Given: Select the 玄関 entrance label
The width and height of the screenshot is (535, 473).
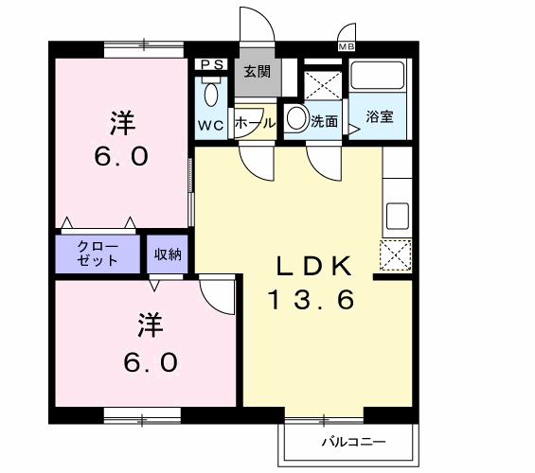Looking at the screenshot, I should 257,71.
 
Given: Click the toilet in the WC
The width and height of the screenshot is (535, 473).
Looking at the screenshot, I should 209,94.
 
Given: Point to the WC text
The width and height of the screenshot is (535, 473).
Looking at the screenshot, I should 209,125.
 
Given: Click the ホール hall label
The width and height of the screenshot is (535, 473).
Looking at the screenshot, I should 255,123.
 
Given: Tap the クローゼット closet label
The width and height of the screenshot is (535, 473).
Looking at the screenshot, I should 98,253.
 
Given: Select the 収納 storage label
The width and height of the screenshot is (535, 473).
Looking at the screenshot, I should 169,253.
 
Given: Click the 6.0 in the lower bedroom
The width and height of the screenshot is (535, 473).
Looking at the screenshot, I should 149,361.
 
